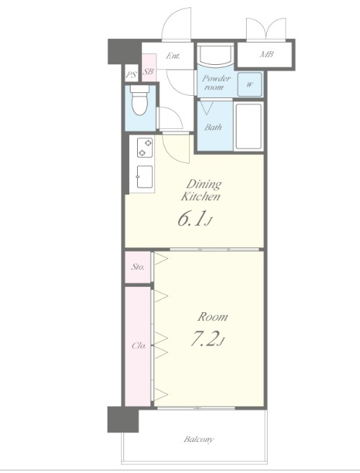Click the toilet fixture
[140, 100]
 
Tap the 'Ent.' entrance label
[173, 56]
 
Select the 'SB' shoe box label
[149, 72]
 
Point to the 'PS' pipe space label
[131, 74]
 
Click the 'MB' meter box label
[267, 54]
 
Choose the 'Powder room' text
[216, 83]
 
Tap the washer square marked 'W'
[249, 84]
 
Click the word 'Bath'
[213, 127]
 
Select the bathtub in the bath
[248, 126]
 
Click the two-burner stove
[145, 148]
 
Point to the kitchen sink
[145, 177]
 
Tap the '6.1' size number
[191, 219]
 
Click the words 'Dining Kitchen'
[201, 190]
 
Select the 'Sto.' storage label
[138, 267]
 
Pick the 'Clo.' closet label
[139, 345]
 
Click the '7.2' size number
[203, 340]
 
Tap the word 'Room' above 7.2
[212, 317]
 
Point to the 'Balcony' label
[199, 439]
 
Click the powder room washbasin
[215, 54]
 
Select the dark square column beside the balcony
[123, 420]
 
